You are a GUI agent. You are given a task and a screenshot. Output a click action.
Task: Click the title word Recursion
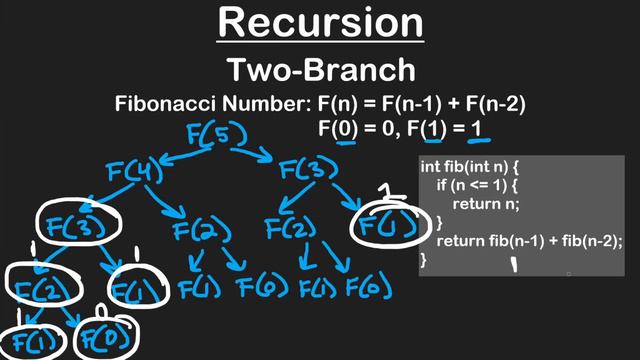[x=319, y=22]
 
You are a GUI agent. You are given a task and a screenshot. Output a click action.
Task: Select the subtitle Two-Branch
[x=319, y=69]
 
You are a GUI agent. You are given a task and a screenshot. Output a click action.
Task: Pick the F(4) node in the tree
[x=134, y=172]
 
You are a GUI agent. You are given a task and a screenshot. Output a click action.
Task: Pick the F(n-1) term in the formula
[x=418, y=103]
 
